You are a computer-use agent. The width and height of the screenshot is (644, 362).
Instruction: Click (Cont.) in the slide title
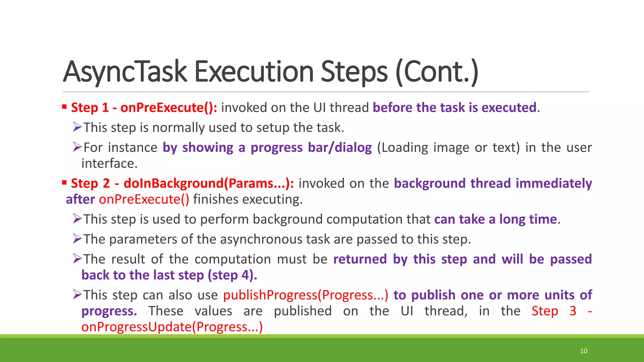point(437,72)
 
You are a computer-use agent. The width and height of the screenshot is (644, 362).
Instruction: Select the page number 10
point(584,351)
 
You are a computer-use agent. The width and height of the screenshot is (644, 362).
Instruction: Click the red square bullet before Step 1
point(64,107)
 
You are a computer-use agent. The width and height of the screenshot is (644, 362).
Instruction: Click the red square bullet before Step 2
point(64,183)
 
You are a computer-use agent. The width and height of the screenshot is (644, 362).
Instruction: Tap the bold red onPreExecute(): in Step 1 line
point(169,108)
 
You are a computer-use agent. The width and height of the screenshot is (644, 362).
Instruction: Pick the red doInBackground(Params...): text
point(209,184)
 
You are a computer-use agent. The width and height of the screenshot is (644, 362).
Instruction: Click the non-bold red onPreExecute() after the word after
point(144,200)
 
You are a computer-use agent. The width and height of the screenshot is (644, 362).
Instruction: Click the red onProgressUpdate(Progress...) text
point(172,327)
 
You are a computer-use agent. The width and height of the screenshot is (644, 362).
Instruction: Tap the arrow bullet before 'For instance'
point(77,147)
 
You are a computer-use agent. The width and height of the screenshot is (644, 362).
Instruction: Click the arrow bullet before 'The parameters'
point(77,239)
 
